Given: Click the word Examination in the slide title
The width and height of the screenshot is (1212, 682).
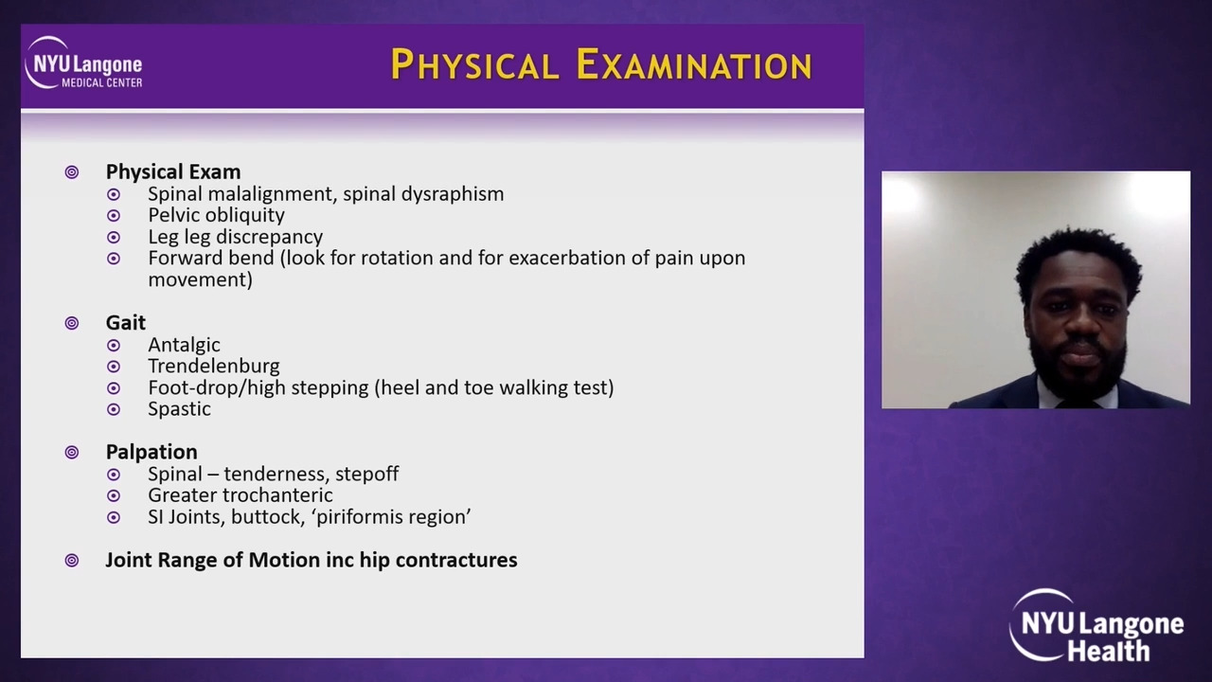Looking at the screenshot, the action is point(694,64).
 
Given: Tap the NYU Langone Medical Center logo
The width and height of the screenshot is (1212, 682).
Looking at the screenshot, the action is point(84,63).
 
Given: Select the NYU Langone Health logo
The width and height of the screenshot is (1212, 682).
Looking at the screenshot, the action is point(1096,626).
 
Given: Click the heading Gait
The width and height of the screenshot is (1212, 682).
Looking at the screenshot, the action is point(126,323).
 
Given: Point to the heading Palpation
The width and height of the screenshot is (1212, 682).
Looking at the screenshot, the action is point(151,452).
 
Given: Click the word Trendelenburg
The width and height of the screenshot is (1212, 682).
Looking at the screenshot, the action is point(214,366).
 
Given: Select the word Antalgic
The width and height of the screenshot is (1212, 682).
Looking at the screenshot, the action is point(184,345).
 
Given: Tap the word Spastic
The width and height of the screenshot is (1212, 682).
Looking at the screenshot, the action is point(179,409).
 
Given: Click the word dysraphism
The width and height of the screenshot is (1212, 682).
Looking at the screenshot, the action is point(453,194).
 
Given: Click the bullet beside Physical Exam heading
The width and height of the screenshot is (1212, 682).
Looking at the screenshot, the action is point(71,172).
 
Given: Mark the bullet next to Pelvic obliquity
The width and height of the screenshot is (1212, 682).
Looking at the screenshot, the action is point(114,215).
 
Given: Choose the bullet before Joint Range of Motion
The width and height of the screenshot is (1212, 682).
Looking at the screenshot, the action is point(71,560).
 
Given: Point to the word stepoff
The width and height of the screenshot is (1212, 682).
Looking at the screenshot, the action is point(366,475).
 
